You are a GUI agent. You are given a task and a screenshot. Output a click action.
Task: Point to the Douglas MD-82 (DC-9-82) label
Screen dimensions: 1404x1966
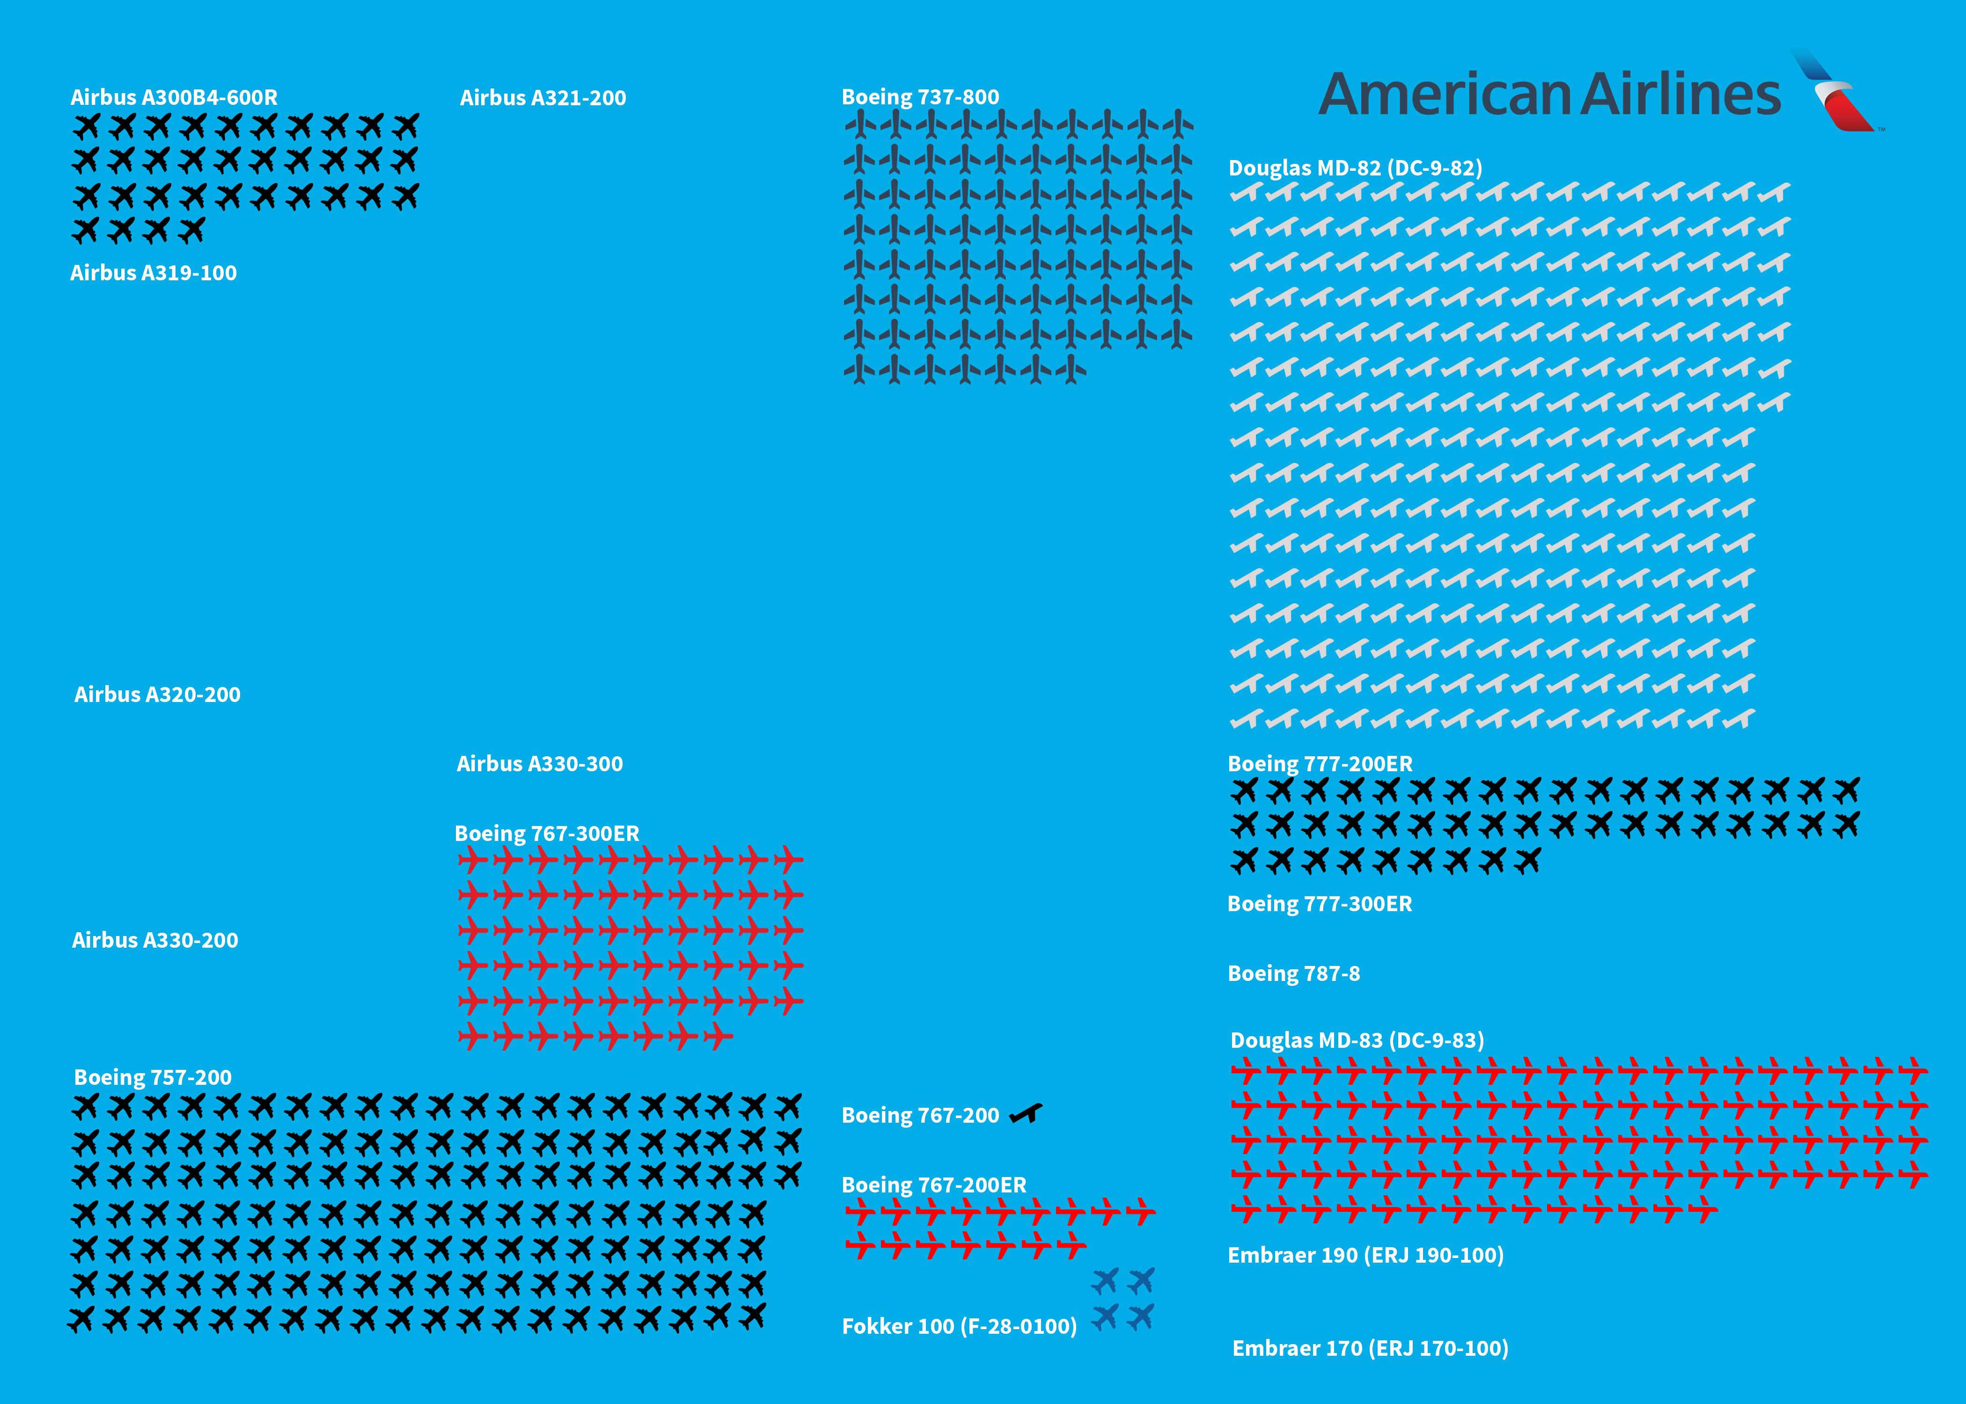point(1355,168)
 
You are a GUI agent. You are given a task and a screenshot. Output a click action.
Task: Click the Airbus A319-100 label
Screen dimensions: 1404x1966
point(153,273)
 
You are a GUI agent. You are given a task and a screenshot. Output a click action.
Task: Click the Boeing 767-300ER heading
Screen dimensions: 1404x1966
point(546,834)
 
